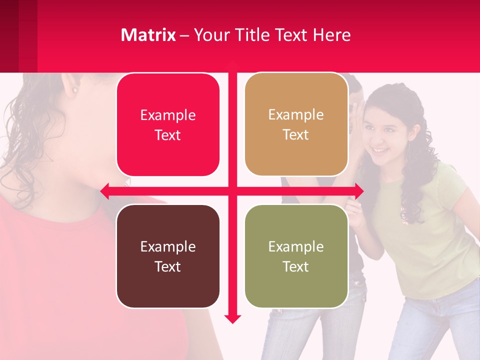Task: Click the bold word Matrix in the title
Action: point(148,35)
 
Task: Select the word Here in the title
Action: point(332,35)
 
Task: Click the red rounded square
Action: point(168,125)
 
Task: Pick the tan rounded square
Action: point(296,124)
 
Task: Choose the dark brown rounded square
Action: point(168,256)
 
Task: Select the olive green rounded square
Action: point(296,256)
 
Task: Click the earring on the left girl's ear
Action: point(75,90)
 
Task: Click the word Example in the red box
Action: point(168,115)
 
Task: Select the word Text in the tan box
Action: point(296,135)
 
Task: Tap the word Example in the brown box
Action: point(168,246)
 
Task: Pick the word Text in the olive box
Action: point(296,266)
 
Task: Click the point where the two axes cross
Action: point(232,190)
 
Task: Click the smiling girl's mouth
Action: point(379,150)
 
